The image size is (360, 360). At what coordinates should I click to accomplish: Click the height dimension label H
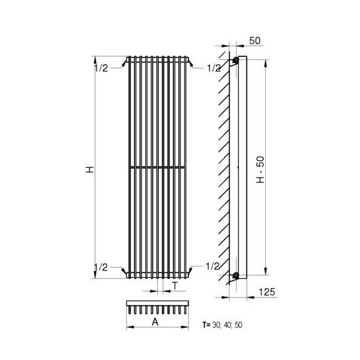[x=90, y=169]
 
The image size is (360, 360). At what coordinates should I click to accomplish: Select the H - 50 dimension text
[x=260, y=170]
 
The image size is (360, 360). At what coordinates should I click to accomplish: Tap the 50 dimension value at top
[x=255, y=41]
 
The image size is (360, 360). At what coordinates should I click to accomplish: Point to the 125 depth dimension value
[x=267, y=292]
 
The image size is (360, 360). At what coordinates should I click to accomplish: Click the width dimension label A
[x=155, y=322]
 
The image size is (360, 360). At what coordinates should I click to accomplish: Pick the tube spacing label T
[x=175, y=286]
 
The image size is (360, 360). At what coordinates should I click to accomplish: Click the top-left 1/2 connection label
[x=101, y=68]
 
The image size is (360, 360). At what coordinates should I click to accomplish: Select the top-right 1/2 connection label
[x=214, y=68]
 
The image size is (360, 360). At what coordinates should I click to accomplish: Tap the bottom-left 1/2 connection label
[x=101, y=267]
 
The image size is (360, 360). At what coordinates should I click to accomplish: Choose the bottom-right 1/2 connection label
[x=212, y=266]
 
